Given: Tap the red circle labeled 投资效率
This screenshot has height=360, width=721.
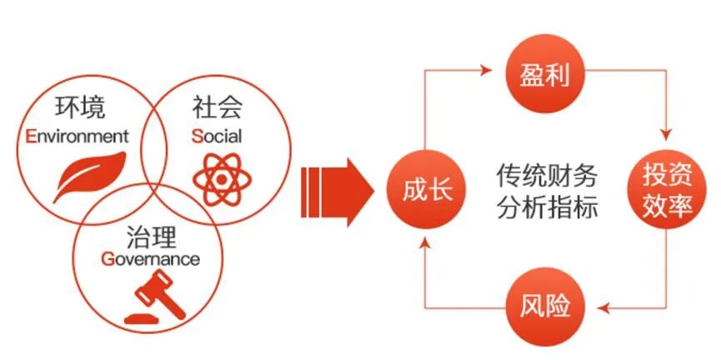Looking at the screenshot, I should click(x=668, y=190).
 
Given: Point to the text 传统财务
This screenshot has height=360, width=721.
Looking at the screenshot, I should click(x=547, y=175).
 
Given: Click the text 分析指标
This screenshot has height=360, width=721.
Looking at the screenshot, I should click(x=547, y=207).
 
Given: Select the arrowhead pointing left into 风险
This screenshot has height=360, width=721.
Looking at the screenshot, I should click(x=603, y=308).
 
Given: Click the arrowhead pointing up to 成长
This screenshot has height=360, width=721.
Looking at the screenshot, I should click(x=425, y=244).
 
